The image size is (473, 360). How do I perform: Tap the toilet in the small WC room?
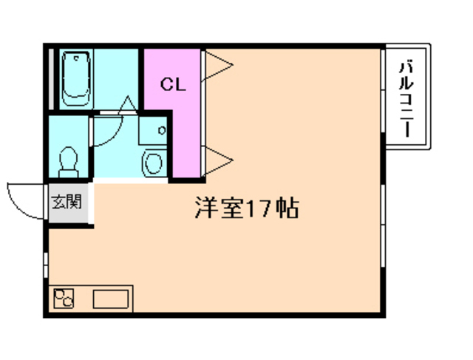(68, 159)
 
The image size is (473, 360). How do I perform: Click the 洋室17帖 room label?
(247, 208)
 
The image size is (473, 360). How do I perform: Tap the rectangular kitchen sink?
(110, 299)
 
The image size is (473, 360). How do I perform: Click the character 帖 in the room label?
(288, 208)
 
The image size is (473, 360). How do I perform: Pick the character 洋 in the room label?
(206, 208)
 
